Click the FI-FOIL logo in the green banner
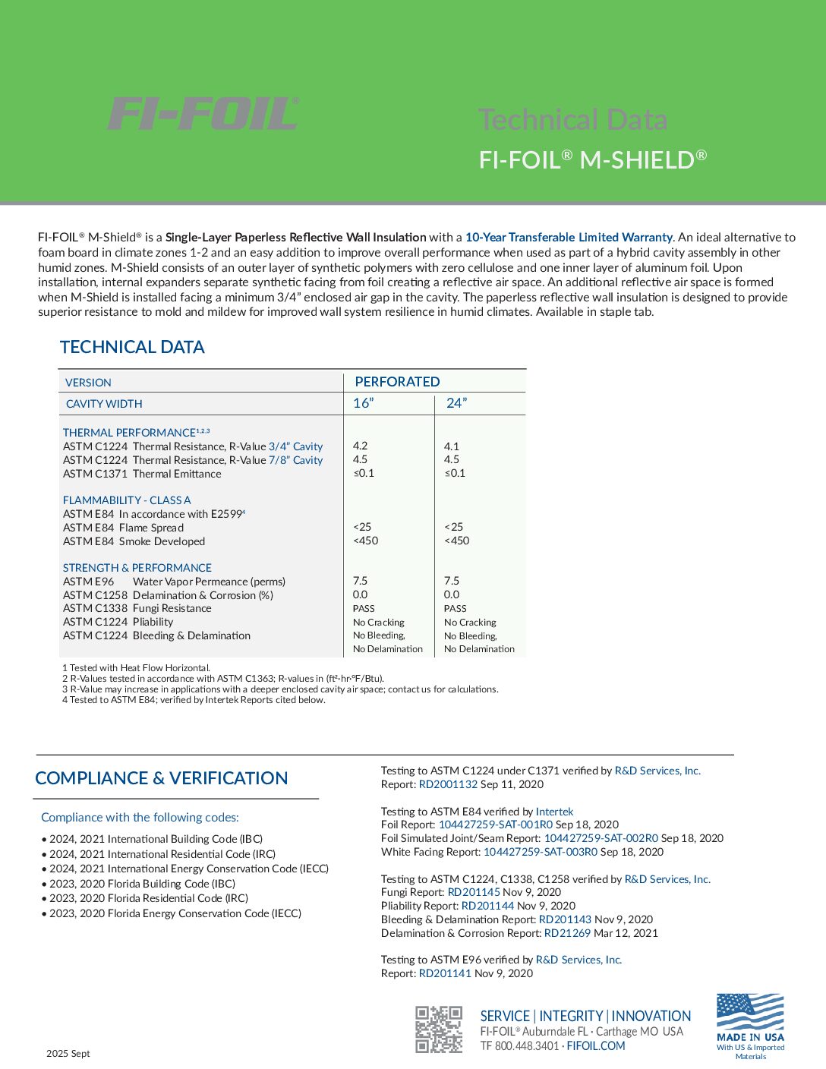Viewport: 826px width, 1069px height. [x=203, y=114]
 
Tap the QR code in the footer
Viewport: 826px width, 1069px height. [x=438, y=1029]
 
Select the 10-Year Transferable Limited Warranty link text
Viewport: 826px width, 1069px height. [x=569, y=238]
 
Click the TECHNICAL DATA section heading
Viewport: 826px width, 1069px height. [x=132, y=347]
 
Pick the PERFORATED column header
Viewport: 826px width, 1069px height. [x=397, y=382]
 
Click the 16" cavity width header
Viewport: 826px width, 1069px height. [x=364, y=403]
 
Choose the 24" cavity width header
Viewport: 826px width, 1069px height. [x=456, y=403]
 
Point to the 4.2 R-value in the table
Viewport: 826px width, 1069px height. [x=360, y=446]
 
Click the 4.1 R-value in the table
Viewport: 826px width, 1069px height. [x=451, y=446]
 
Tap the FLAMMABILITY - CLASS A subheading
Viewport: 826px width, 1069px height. [x=127, y=500]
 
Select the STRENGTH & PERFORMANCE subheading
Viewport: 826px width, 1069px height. [x=137, y=568]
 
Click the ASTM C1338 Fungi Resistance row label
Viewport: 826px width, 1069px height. [x=137, y=608]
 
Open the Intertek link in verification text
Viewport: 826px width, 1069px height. [x=554, y=812]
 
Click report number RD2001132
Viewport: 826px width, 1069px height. [x=448, y=784]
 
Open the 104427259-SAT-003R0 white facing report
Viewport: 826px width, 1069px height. [x=540, y=852]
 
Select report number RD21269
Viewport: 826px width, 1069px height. [x=567, y=933]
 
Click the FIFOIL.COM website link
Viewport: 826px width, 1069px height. [x=596, y=1046]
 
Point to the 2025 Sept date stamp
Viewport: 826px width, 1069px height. [x=68, y=1054]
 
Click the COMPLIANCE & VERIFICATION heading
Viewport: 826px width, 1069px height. [x=162, y=778]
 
